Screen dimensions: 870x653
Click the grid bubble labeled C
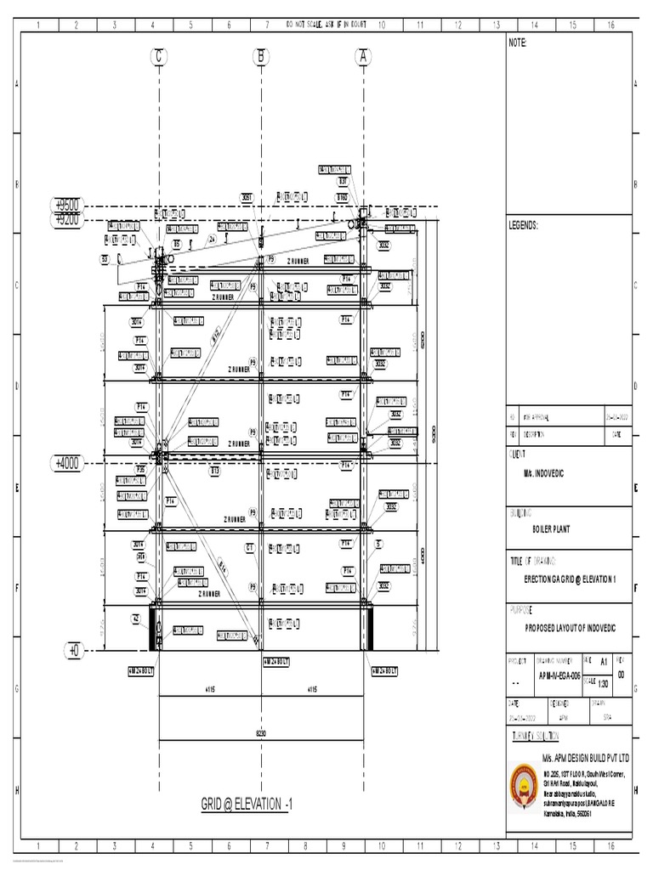click(158, 57)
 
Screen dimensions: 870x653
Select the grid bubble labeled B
click(261, 57)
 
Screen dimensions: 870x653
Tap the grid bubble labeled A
click(364, 57)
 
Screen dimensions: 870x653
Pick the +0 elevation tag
click(74, 650)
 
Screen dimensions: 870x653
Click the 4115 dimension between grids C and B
click(209, 691)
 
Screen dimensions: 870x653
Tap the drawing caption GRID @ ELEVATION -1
click(246, 804)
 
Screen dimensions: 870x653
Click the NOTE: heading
click(519, 43)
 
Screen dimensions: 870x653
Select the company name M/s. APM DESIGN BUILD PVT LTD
click(586, 756)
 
